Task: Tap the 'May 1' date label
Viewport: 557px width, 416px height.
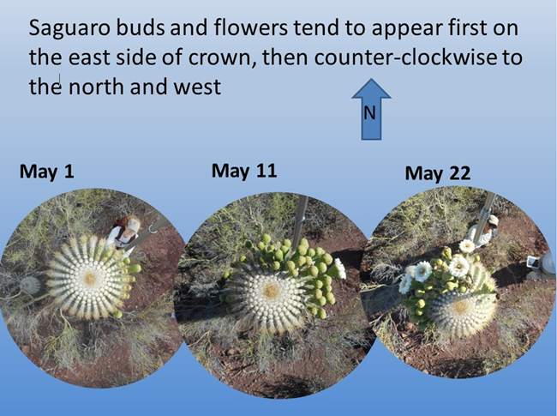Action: pos(47,171)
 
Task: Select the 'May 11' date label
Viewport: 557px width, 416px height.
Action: pos(244,170)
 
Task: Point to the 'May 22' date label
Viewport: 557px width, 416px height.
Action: pos(438,174)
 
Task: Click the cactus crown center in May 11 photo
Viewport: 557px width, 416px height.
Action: pos(272,292)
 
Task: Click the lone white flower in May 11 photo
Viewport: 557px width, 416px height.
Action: pos(340,268)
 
